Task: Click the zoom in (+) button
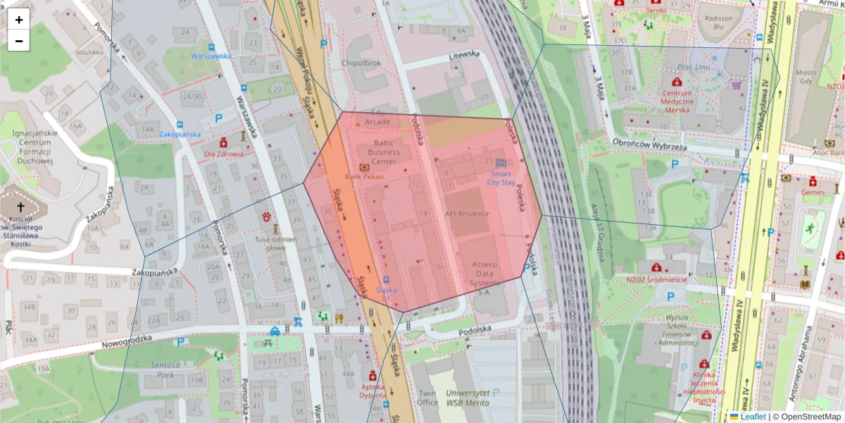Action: [x=19, y=20]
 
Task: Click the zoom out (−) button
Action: [x=19, y=41]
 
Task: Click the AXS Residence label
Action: [x=466, y=213]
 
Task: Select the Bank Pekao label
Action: [x=364, y=176]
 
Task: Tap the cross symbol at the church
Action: [x=20, y=207]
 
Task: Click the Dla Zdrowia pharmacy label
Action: [x=224, y=154]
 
